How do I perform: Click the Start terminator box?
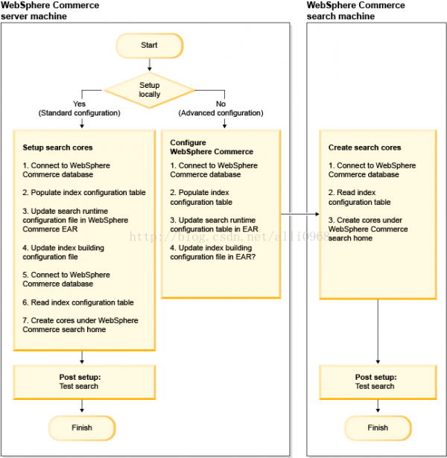click(149, 45)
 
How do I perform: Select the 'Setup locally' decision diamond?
click(149, 90)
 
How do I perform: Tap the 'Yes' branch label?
click(79, 104)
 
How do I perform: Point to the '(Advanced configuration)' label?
click(221, 113)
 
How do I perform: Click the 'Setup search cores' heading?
click(57, 147)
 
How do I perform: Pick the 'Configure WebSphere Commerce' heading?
click(212, 147)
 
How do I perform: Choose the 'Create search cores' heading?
click(364, 147)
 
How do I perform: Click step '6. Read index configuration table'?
click(78, 302)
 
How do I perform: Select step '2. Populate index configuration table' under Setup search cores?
click(84, 192)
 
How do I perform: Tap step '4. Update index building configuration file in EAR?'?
click(212, 252)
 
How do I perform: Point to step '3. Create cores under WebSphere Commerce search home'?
click(368, 229)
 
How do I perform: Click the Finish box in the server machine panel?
click(82, 428)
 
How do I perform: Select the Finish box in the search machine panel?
click(378, 428)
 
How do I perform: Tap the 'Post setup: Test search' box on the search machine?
click(378, 382)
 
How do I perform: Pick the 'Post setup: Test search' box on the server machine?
click(84, 382)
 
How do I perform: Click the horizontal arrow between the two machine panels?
click(299, 214)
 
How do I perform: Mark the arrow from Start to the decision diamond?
click(150, 65)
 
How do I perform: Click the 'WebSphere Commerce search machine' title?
click(355, 10)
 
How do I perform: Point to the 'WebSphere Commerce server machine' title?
click(50, 10)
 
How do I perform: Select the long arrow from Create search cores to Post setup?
click(378, 331)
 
